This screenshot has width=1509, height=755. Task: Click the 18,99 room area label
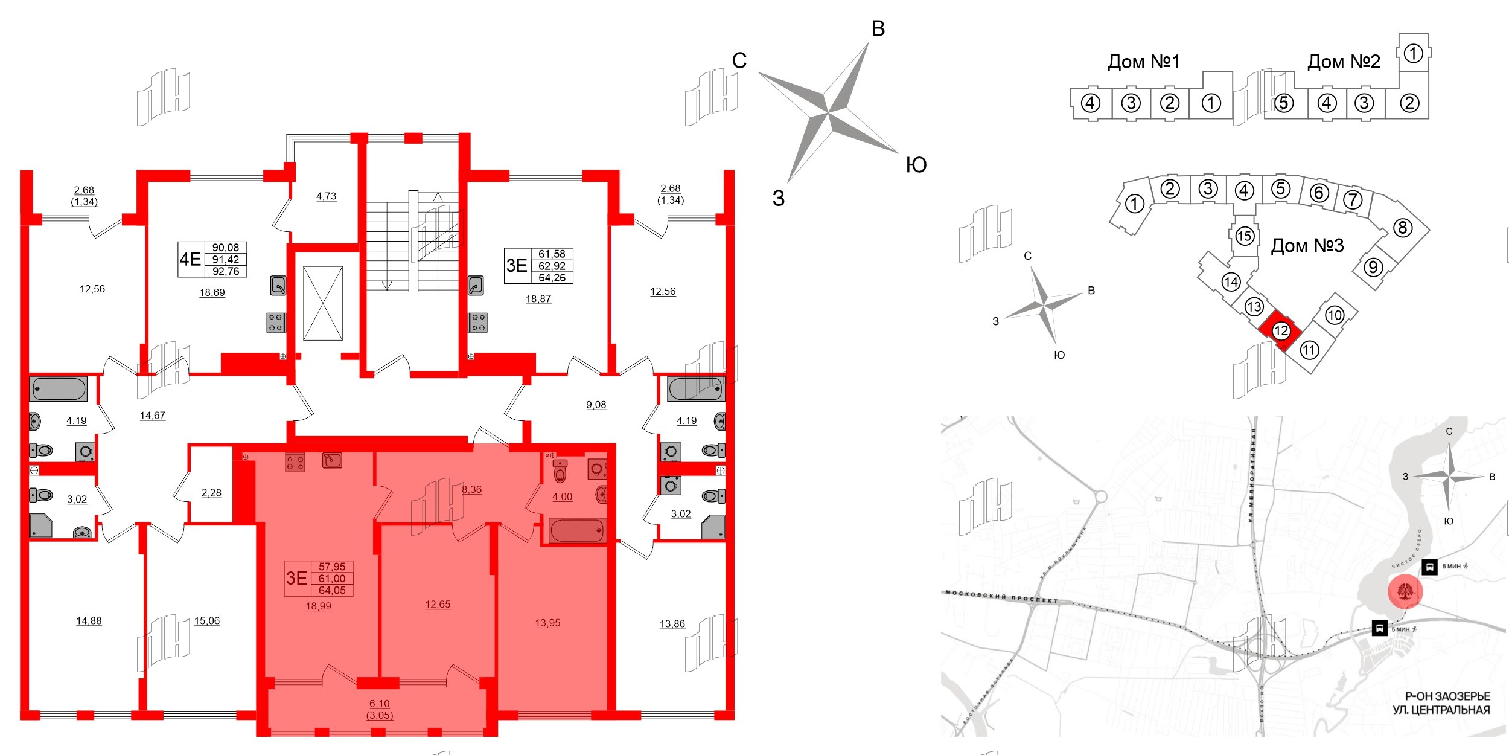pyautogui.click(x=318, y=606)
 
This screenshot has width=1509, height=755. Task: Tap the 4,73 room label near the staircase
pyautogui.click(x=326, y=196)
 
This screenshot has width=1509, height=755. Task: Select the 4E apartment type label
pyautogui.click(x=190, y=259)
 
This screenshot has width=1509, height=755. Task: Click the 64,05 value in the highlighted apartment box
pyautogui.click(x=332, y=590)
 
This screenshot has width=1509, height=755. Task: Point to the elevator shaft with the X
pyautogui.click(x=323, y=303)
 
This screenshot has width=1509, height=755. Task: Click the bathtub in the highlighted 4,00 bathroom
pyautogui.click(x=577, y=531)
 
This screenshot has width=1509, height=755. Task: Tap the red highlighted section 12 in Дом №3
pyautogui.click(x=1280, y=330)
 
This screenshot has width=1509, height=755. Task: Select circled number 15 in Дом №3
pyautogui.click(x=1244, y=236)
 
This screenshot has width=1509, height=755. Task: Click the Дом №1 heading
pyautogui.click(x=1143, y=62)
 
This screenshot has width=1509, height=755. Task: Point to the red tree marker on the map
pyautogui.click(x=1405, y=591)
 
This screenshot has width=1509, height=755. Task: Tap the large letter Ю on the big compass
pyautogui.click(x=916, y=165)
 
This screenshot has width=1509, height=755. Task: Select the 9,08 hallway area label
pyautogui.click(x=596, y=405)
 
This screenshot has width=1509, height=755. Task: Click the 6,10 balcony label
pyautogui.click(x=379, y=704)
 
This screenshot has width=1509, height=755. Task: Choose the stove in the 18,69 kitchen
pyautogui.click(x=275, y=323)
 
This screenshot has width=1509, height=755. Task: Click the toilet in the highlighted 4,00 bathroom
pyautogui.click(x=560, y=472)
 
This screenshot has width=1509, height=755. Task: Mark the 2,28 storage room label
pyautogui.click(x=211, y=493)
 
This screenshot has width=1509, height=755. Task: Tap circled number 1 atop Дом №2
pyautogui.click(x=1413, y=53)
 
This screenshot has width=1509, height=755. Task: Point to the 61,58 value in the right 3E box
pyautogui.click(x=552, y=254)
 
